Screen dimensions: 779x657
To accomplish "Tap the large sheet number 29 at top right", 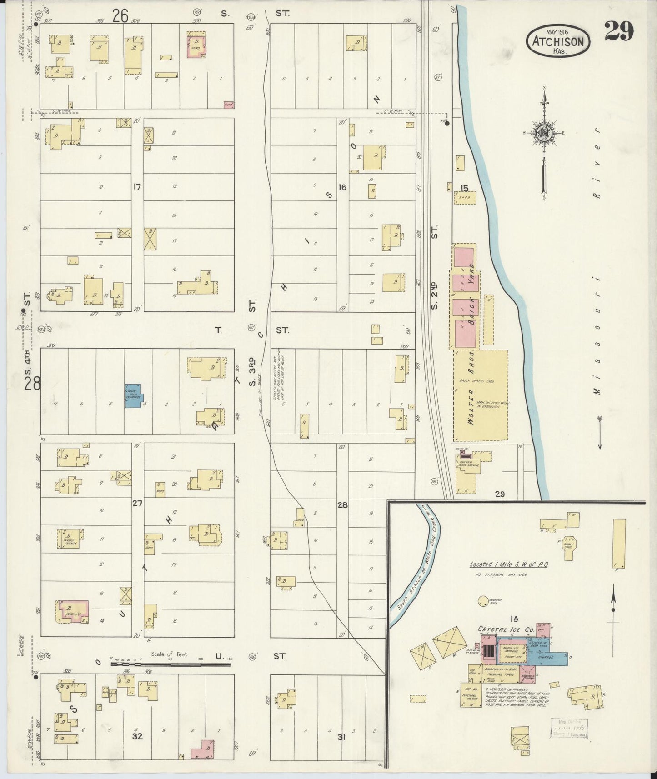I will tap(619, 32).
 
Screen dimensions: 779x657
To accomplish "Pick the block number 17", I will tap(137, 186).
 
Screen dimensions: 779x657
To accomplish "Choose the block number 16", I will tap(342, 187).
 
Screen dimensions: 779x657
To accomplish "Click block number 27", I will tap(137, 503).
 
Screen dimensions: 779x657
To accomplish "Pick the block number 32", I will tap(137, 736).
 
